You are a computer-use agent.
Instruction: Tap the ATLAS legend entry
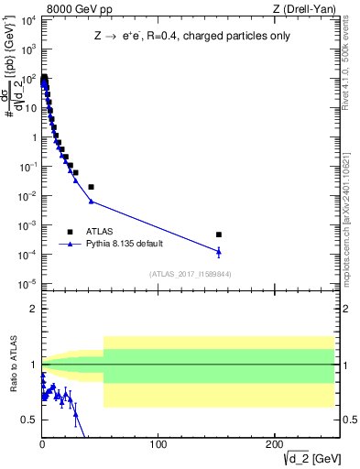click(102, 232)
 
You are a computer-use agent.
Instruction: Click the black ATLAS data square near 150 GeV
click(218, 234)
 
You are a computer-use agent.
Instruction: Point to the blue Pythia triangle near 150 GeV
click(218, 251)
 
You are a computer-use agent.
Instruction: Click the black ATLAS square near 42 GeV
click(91, 187)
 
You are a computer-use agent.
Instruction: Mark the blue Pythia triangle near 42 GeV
click(91, 201)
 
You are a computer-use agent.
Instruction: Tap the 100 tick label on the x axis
click(158, 444)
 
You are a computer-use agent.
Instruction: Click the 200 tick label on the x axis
click(274, 444)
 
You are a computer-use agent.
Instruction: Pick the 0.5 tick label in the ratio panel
click(29, 420)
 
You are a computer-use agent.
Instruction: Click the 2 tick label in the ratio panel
click(33, 309)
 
